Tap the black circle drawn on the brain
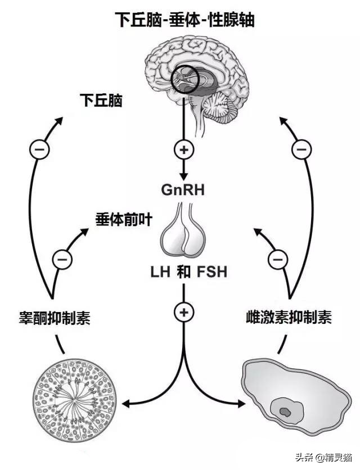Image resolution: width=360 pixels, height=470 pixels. coord(185,79)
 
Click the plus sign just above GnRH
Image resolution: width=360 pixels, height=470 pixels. coord(184,150)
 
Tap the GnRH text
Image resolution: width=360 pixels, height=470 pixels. coord(182,190)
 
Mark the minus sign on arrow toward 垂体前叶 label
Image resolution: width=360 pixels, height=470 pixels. coord(62,259)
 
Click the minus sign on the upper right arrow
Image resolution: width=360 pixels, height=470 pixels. coord(301,150)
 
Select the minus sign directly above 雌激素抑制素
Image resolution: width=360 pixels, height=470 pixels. coord(276,259)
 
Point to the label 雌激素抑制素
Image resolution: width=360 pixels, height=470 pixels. coord(288,318)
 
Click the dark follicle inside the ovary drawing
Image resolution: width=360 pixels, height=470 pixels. coord(286,412)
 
